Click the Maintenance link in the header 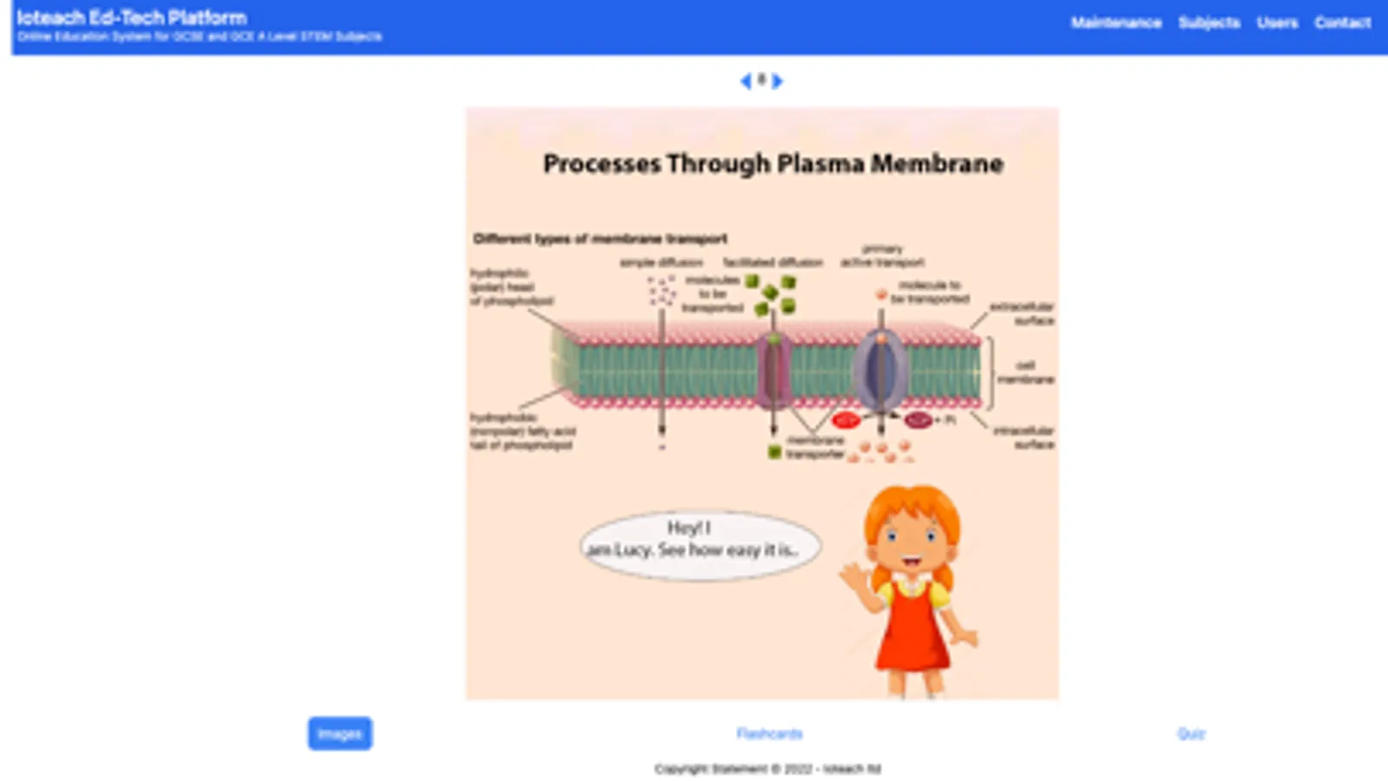pyautogui.click(x=1115, y=23)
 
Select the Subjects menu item pyautogui.click(x=1208, y=23)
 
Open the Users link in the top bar pyautogui.click(x=1277, y=23)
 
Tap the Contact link pyautogui.click(x=1342, y=23)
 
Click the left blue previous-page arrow pyautogui.click(x=745, y=81)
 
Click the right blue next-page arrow pyautogui.click(x=778, y=81)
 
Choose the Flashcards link pyautogui.click(x=769, y=733)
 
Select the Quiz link pyautogui.click(x=1191, y=733)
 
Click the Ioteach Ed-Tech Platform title pyautogui.click(x=131, y=17)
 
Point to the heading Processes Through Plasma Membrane pyautogui.click(x=773, y=164)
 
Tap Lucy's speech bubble pyautogui.click(x=700, y=544)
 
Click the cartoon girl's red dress pyautogui.click(x=911, y=633)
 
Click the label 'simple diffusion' pyautogui.click(x=661, y=262)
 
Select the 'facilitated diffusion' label pyautogui.click(x=773, y=262)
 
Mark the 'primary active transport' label pyautogui.click(x=882, y=256)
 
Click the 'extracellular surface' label pyautogui.click(x=1023, y=313)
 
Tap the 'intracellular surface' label pyautogui.click(x=1024, y=436)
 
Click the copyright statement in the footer pyautogui.click(x=767, y=769)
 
